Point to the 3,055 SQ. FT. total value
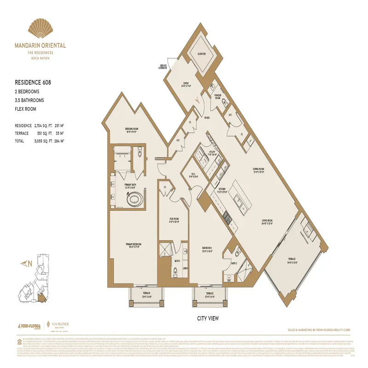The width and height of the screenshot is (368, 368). pyautogui.click(x=46, y=141)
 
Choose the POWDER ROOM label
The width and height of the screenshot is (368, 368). pyautogui.click(x=218, y=97)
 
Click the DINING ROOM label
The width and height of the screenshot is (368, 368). pyautogui.click(x=258, y=170)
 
